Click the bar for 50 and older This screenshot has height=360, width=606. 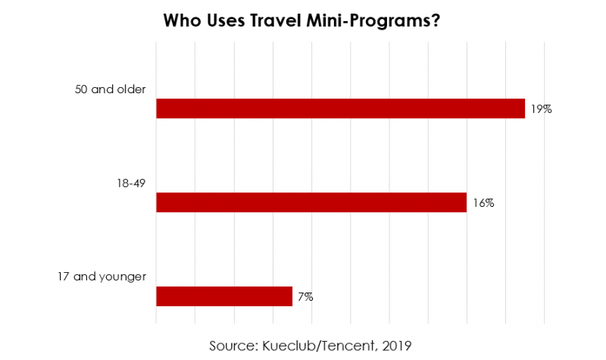340,108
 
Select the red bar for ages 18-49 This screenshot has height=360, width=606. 311,202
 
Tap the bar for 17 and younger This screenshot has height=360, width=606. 223,296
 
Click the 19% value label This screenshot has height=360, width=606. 541,109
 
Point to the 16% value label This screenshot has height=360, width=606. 483,203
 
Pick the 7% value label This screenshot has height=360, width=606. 305,297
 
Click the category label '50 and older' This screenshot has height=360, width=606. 110,89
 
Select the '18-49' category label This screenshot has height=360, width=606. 130,183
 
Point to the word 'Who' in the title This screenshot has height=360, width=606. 180,21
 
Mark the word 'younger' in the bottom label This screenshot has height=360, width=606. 121,277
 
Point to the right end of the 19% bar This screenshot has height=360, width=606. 523,108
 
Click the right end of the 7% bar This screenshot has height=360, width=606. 291,296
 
